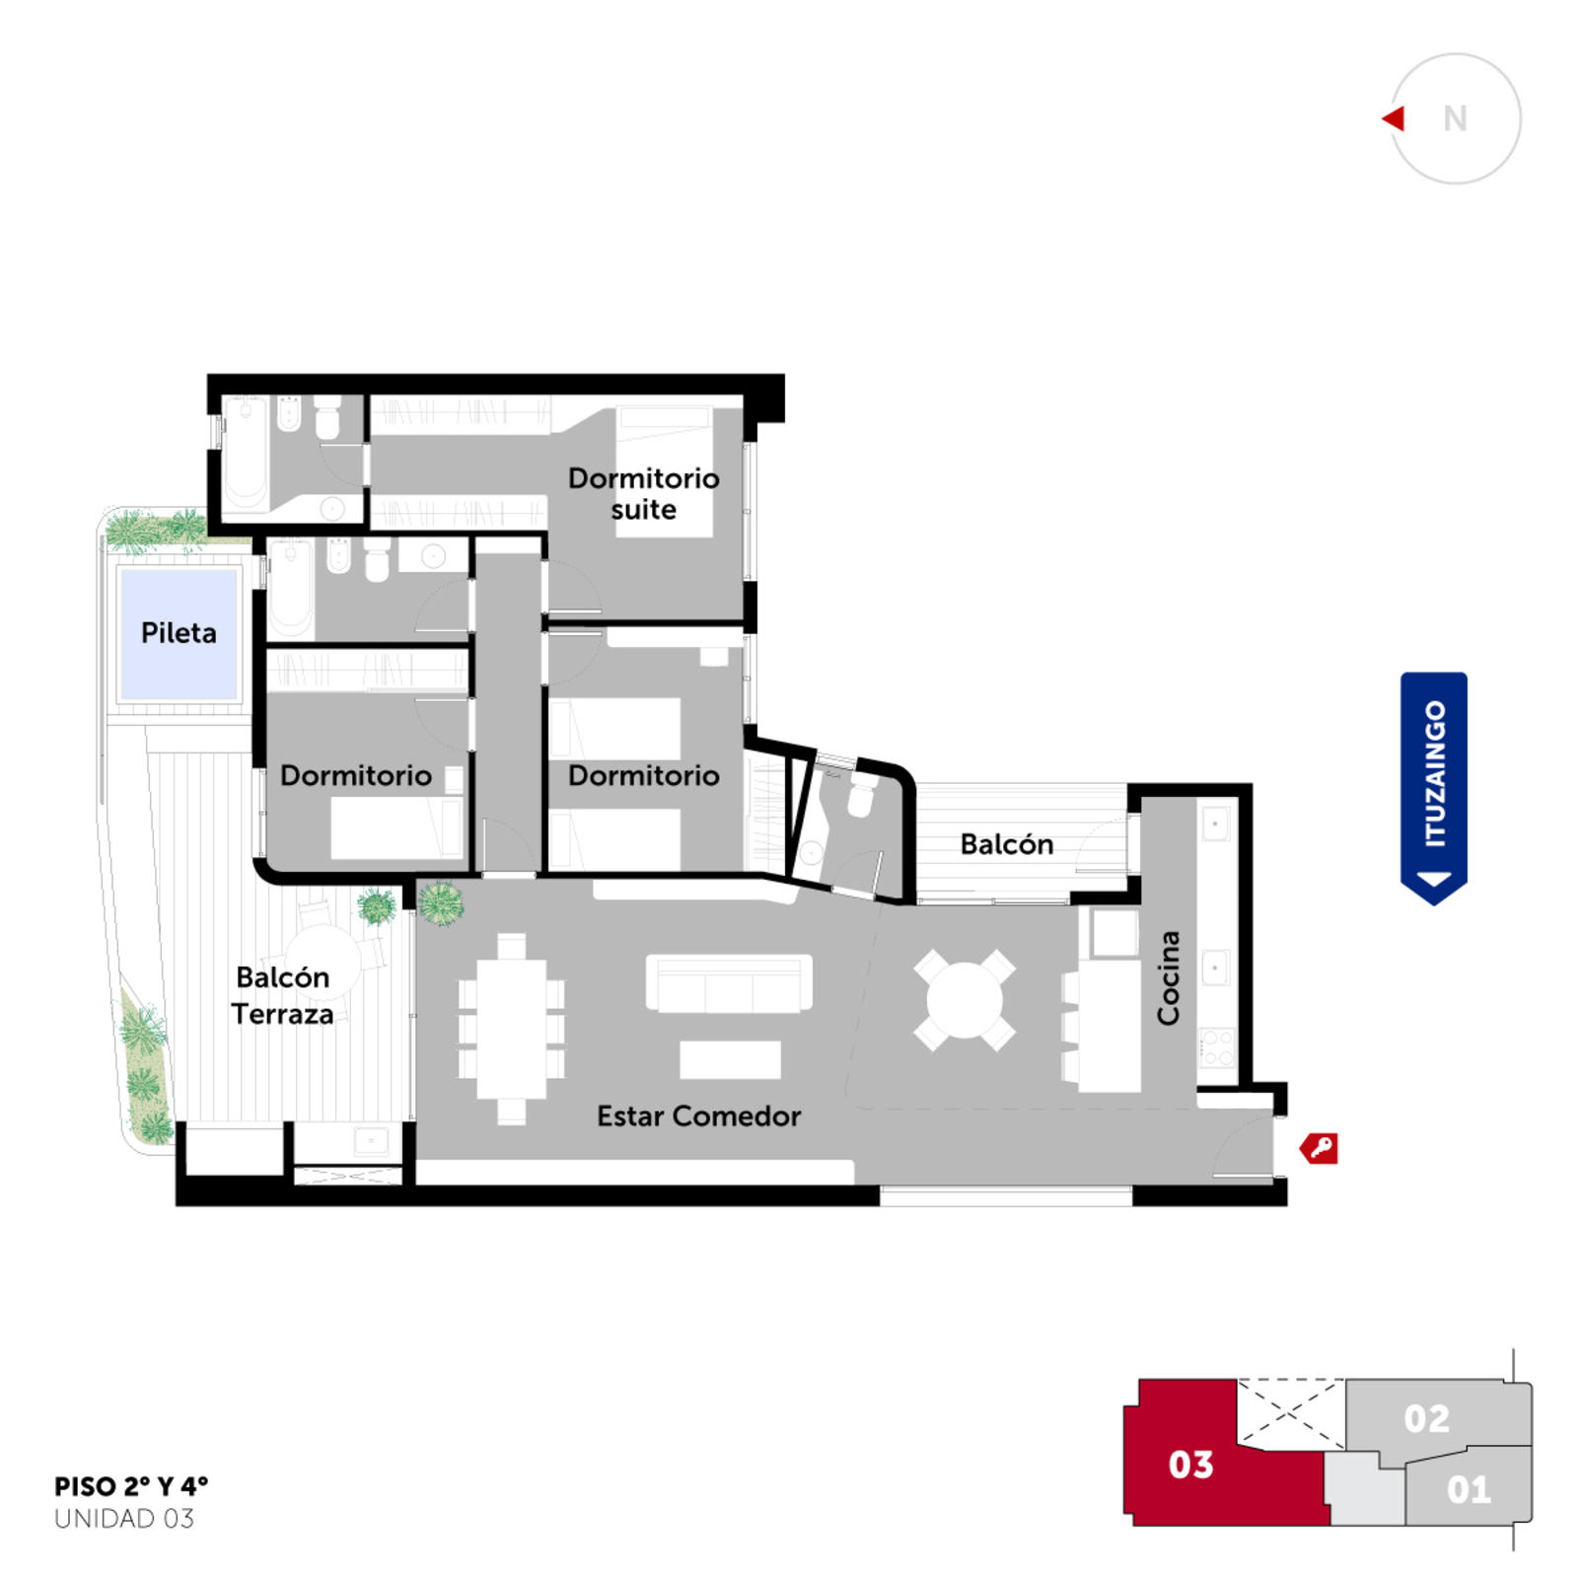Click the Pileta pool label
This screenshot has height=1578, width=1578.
[179, 632]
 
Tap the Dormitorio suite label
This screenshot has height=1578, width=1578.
[643, 494]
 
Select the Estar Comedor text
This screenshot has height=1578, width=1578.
[698, 1115]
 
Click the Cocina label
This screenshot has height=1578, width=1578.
[1168, 977]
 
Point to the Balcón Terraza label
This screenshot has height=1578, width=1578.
[282, 995]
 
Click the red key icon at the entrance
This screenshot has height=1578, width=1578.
[1319, 1148]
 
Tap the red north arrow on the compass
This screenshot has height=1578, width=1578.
[1394, 118]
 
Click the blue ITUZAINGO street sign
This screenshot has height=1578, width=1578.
[1434, 788]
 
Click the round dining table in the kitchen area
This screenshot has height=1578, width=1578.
[965, 999]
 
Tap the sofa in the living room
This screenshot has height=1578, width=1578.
[729, 983]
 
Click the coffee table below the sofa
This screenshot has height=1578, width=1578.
[730, 1059]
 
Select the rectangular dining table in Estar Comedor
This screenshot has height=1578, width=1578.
[512, 1029]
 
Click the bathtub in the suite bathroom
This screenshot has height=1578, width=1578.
[245, 453]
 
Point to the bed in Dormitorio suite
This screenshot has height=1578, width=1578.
[664, 471]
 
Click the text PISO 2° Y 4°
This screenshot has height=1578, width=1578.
[131, 1485]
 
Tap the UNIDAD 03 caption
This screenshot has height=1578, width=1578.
[124, 1519]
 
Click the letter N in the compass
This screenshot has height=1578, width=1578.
[1455, 118]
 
